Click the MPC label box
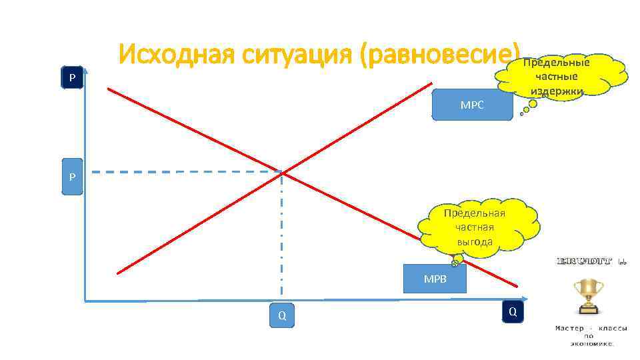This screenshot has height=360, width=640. click(x=472, y=105)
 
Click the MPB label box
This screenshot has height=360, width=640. click(x=435, y=279)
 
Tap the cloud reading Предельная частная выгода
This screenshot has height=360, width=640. click(x=475, y=227)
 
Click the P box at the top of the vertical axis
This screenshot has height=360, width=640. click(x=72, y=79)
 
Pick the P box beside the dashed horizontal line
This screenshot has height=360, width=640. click(x=72, y=178)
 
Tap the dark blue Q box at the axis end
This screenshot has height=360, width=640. click(x=512, y=311)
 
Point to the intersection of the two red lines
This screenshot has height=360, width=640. click(x=282, y=173)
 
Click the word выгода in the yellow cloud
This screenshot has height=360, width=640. click(x=475, y=241)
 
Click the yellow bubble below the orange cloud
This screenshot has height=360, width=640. click(x=533, y=103)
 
